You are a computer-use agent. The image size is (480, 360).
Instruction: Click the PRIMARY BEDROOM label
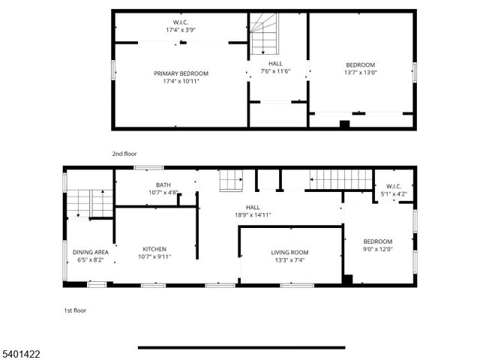(181, 73)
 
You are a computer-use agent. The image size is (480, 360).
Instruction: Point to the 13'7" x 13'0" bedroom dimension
(361, 73)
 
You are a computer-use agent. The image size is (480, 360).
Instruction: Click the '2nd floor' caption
(124, 154)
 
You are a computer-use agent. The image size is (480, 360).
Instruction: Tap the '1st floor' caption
(74, 310)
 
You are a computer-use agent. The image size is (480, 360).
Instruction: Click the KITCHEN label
(154, 250)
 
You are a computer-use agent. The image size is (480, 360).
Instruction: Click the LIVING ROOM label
(289, 253)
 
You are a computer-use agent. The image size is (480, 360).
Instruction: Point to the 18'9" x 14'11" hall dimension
(253, 215)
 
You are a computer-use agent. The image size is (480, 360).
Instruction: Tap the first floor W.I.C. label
(395, 186)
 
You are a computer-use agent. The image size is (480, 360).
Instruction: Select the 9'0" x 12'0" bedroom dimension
(378, 249)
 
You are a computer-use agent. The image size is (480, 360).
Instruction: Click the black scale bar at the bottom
(241, 347)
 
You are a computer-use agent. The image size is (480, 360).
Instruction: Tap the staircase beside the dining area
(89, 203)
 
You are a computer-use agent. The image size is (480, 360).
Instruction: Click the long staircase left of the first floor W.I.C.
(341, 180)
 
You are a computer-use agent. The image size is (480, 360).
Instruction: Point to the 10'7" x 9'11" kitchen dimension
(154, 258)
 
